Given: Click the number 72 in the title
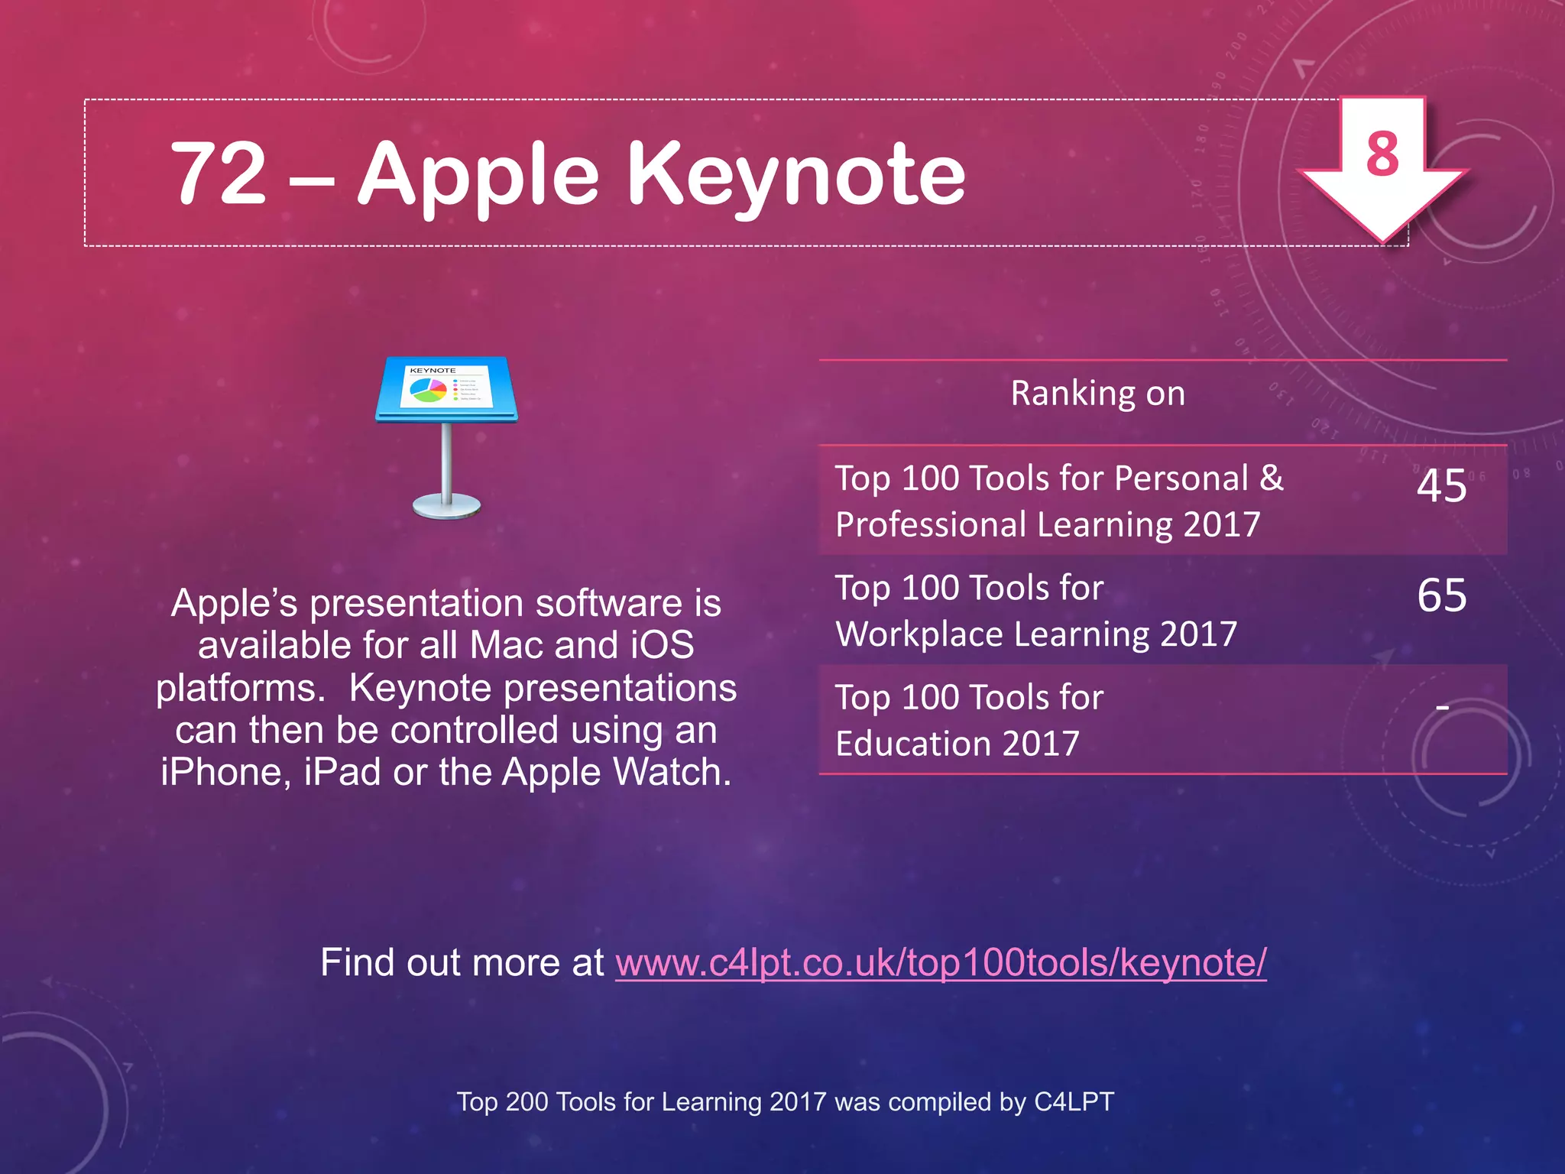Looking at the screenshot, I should pos(218,174).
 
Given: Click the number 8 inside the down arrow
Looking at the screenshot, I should pos(1382,154).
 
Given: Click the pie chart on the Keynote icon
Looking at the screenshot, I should pos(428,391).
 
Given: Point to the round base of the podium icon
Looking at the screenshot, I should pos(446,506).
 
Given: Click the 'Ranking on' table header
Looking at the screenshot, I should pos(1097,394).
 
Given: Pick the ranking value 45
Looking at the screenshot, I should pos(1441,486).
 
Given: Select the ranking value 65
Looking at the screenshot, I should pos(1441,595).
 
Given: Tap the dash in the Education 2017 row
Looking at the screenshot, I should pos(1442,708).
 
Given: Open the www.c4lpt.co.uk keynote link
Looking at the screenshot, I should pos(941,963).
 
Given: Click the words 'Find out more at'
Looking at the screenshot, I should pos(462,963).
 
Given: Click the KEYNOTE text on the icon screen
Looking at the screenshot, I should pos(433,371).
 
